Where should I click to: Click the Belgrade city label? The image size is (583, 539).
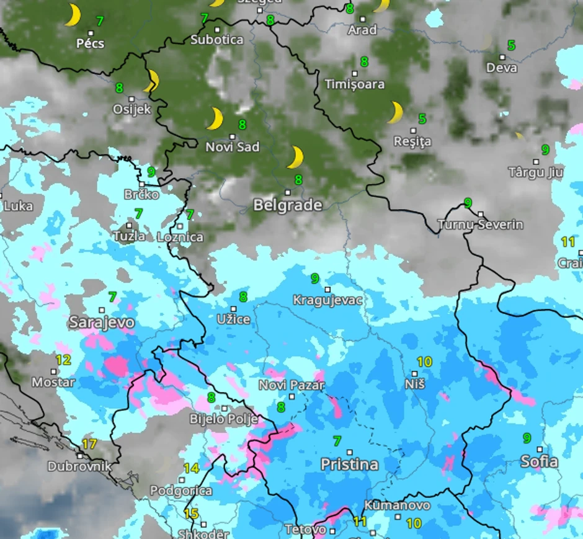[287, 205]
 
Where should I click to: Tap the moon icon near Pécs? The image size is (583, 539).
[73, 16]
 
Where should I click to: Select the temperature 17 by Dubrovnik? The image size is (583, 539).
[89, 444]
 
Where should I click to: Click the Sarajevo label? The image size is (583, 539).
[101, 323]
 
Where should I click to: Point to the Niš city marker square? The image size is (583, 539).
[415, 374]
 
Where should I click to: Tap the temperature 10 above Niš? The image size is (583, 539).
[424, 362]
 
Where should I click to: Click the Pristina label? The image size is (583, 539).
[349, 465]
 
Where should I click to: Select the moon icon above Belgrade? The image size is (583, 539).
[295, 158]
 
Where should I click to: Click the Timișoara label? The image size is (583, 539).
[355, 84]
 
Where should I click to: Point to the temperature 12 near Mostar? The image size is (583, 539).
[63, 360]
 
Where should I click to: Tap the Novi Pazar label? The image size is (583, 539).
[291, 385]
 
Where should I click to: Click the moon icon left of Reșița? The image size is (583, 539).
[395, 112]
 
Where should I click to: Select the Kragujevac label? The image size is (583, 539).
[328, 301]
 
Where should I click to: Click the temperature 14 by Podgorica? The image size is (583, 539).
[191, 468]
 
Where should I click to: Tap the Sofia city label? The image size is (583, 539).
[539, 462]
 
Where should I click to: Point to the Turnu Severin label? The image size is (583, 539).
[480, 225]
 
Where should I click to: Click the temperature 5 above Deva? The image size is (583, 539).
[511, 45]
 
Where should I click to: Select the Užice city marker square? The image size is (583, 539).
[234, 309]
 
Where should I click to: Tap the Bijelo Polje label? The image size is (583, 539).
[223, 419]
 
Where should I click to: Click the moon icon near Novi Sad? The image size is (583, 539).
[215, 118]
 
